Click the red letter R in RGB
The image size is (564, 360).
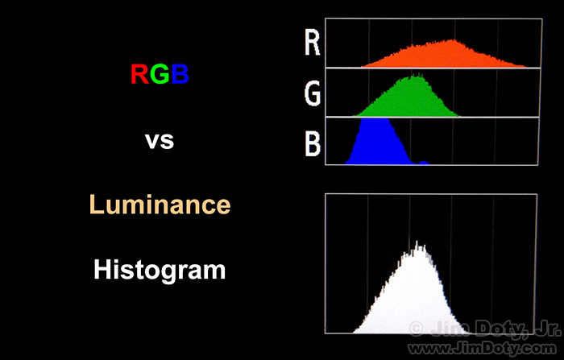click(139, 74)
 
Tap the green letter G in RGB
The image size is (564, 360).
click(160, 74)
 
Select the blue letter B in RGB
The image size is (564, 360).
click(180, 74)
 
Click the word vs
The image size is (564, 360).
click(160, 141)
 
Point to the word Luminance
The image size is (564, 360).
click(160, 205)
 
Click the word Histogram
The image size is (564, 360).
click(160, 270)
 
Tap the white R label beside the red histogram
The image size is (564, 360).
click(313, 43)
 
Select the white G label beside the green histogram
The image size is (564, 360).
click(313, 93)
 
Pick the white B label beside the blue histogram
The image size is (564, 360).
click(313, 143)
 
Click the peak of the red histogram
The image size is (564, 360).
click(454, 40)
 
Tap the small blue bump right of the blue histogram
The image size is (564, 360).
click(424, 163)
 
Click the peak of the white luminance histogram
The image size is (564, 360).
click(417, 242)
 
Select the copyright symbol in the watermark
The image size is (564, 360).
click(417, 329)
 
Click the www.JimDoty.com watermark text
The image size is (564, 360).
click(482, 348)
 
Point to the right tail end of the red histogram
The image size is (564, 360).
click(526, 66)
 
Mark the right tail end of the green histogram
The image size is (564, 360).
click(459, 115)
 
